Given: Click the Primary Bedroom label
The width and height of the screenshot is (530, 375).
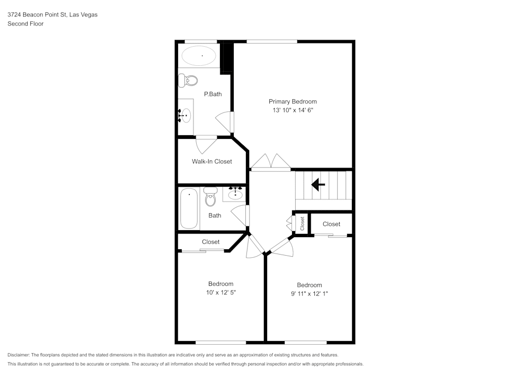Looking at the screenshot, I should (293, 101).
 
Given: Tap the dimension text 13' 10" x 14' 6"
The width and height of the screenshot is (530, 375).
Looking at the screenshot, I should (293, 110).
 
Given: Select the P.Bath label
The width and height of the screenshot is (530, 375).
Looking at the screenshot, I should (213, 94).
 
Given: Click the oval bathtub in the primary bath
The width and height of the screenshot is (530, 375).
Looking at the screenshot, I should (199, 55).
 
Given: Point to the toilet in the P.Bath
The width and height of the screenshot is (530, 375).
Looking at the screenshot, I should (188, 81).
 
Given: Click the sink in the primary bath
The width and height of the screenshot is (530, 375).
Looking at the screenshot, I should (184, 115).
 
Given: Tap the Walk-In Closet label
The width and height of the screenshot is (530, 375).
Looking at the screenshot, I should (211, 161).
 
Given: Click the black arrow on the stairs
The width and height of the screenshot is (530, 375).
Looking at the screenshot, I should (318, 185).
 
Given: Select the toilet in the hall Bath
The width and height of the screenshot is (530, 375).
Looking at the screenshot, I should (210, 198).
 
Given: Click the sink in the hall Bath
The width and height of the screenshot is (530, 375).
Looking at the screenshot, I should (235, 194).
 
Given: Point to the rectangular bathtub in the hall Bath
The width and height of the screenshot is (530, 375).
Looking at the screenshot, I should (189, 208).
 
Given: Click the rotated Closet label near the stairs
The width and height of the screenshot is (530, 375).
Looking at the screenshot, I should (303, 223).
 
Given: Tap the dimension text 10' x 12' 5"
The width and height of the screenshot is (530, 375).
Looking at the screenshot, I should (220, 293).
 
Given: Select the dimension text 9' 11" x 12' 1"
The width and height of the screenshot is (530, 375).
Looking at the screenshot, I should (309, 294).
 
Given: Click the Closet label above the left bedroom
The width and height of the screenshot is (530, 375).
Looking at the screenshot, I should (210, 242).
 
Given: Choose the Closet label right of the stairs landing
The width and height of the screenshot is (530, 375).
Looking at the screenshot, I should (331, 224).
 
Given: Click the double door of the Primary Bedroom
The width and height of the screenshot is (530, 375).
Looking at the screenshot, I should (270, 162).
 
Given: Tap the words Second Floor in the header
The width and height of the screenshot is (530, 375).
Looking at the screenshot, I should (25, 24).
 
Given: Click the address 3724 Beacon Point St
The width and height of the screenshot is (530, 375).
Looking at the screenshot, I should (37, 15).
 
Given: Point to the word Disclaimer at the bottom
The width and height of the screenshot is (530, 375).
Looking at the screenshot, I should (19, 355).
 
